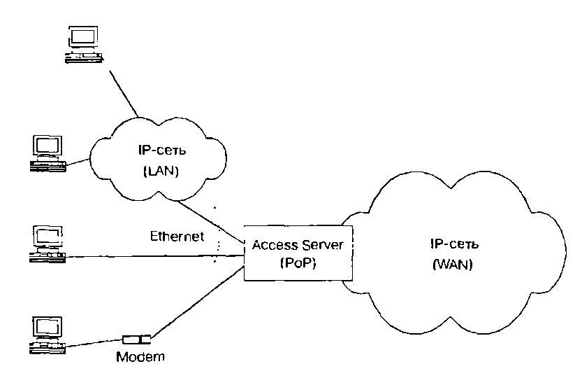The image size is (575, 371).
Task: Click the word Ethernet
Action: pos(177,237)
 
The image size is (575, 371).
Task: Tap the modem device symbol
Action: pos(136,339)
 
